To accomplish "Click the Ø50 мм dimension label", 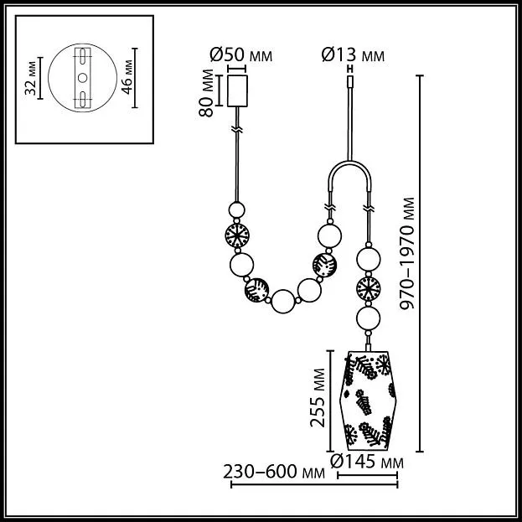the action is [241, 55].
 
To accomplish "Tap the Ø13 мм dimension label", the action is [353, 55].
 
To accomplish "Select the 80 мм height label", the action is [206, 92].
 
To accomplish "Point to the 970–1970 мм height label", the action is [407, 254].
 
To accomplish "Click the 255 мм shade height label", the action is [318, 397].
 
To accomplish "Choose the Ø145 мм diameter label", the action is [367, 462].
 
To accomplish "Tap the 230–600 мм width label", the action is [274, 472].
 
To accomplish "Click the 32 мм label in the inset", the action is [31, 78].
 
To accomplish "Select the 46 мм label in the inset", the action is [127, 77].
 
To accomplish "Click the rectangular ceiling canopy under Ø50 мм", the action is [237, 90].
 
